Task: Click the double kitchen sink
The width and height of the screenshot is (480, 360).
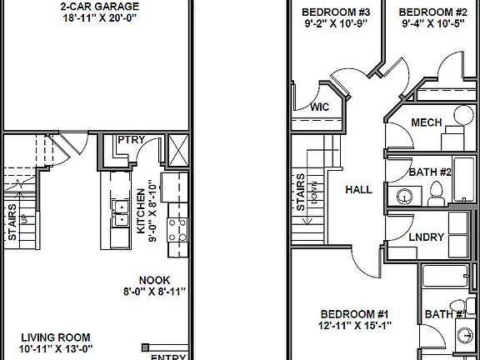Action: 120,214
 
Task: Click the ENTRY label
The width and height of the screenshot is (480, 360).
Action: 167,357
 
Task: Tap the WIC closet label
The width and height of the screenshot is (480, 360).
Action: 320,107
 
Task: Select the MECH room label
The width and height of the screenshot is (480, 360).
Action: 426,122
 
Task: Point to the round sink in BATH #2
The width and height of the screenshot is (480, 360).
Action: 404,197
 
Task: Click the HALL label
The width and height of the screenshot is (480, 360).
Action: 359,190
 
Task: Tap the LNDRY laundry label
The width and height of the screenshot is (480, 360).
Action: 426,237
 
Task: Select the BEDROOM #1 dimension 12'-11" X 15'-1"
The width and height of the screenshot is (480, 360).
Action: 356,325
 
